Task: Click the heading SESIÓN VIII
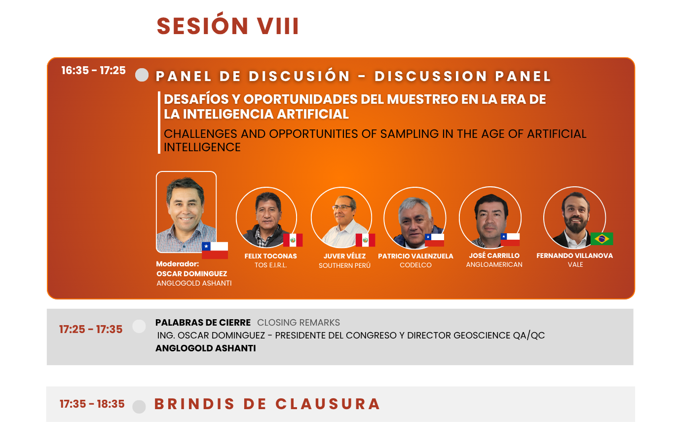tap(227, 25)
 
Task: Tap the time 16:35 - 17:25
tap(94, 71)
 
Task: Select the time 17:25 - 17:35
tap(91, 330)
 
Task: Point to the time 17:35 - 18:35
tap(92, 404)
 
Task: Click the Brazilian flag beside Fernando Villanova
tap(602, 239)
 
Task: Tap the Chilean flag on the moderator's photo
tap(215, 251)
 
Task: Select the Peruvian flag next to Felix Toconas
tap(293, 240)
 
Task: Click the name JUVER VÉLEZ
tap(344, 256)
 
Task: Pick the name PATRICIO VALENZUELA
tap(415, 256)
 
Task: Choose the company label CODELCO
tap(415, 265)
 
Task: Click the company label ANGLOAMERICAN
tap(494, 265)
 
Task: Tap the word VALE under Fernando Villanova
tap(575, 265)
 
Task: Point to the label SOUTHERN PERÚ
tap(344, 265)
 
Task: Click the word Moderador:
tap(178, 264)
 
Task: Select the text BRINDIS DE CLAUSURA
tap(267, 404)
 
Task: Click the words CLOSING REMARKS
tap(299, 323)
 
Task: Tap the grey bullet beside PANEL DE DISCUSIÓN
tap(142, 75)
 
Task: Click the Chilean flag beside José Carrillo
tap(510, 239)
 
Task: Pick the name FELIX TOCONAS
tap(270, 256)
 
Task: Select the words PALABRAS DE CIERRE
tap(203, 323)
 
